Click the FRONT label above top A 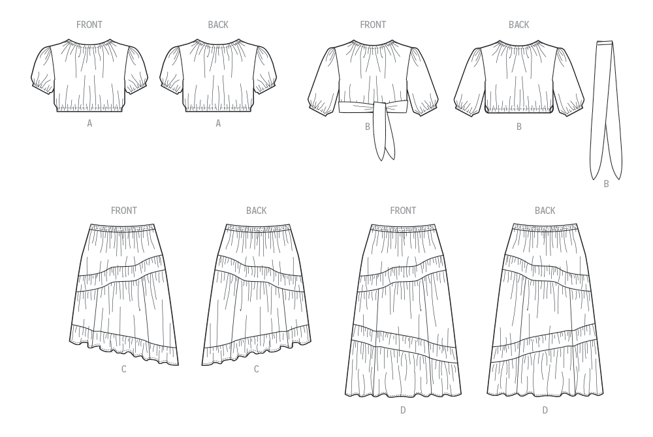click(89, 25)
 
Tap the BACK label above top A click(218, 25)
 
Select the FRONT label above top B click(373, 25)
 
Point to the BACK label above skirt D click(545, 211)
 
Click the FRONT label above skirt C click(123, 211)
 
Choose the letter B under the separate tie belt click(607, 184)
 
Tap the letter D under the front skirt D click(403, 410)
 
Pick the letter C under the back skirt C click(256, 369)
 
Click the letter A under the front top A click(89, 123)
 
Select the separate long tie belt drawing click(607, 110)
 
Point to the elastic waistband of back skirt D click(545, 227)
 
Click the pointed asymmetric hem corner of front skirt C click(178, 365)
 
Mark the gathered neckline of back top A click(218, 43)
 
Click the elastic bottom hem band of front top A click(89, 109)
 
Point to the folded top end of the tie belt click(605, 43)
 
